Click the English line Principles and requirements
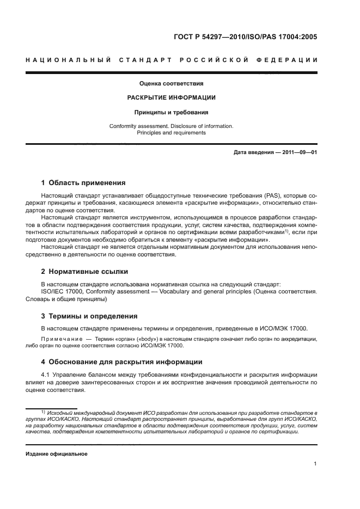coord(171,132)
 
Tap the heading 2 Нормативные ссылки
coord(85,271)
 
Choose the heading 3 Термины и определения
coord(90,316)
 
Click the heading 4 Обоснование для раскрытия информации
coord(122,361)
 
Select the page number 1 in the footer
coord(315,464)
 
